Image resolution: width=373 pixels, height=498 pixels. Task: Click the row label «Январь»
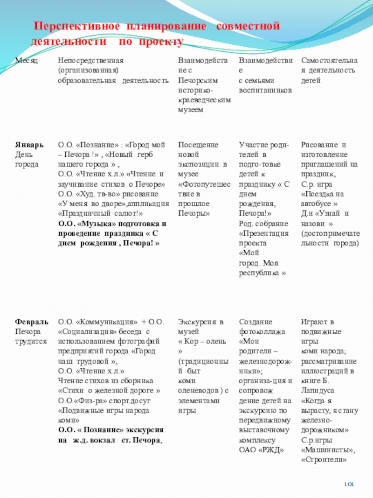pos(28,146)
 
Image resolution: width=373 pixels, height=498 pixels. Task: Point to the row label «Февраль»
pos(31,322)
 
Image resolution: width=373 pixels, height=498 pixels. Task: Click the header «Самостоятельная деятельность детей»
pos(329,70)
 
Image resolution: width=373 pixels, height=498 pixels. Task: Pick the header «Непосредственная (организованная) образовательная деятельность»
pos(112,70)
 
